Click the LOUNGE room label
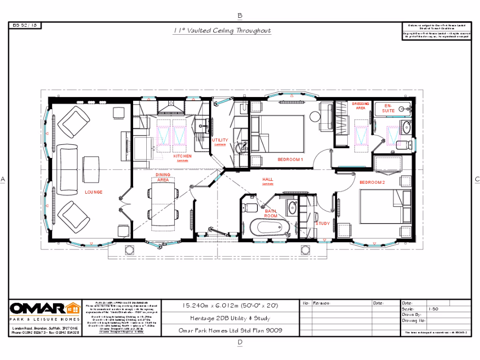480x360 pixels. [x=93, y=192]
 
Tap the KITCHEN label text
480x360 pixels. [x=182, y=156]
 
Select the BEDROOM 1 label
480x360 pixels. [x=291, y=160]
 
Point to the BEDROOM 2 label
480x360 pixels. [x=372, y=182]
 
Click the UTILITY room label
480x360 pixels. [x=220, y=140]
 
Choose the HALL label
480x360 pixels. [x=268, y=180]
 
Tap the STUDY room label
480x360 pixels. [x=322, y=224]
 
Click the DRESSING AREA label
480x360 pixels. [x=360, y=106]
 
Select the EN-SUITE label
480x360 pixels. [x=388, y=108]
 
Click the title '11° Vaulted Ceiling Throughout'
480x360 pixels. [x=222, y=31]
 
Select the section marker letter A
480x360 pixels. [x=3, y=179]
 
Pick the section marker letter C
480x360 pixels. [x=477, y=179]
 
